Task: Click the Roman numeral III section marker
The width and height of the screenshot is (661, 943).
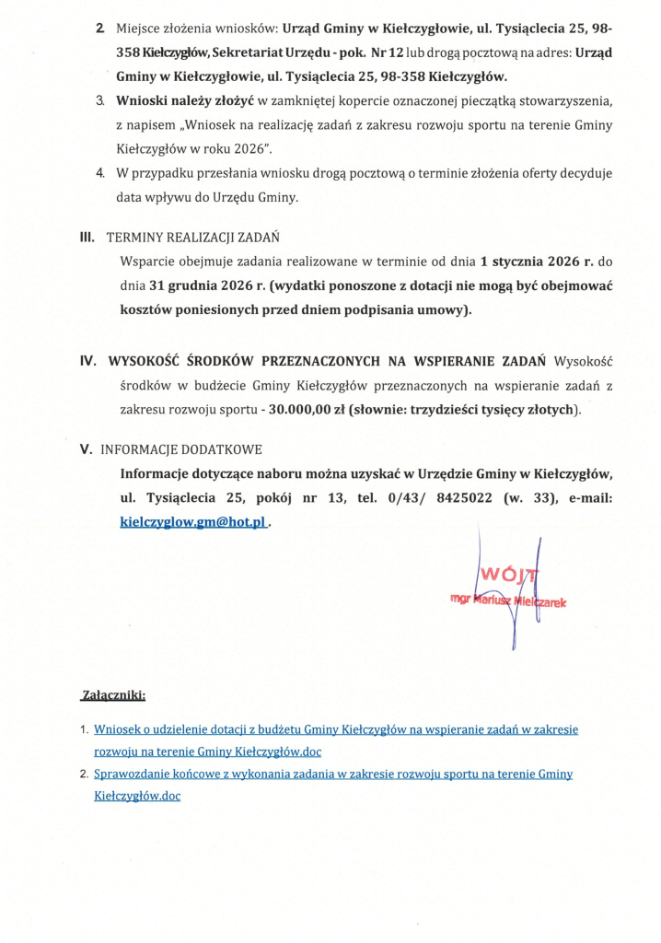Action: click(x=87, y=237)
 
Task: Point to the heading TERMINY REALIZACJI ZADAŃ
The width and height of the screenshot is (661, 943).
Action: click(x=193, y=238)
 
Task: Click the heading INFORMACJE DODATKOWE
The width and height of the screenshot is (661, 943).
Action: click(x=181, y=450)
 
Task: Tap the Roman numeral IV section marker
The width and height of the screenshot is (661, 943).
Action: click(x=88, y=360)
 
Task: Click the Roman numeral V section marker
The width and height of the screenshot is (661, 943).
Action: click(x=86, y=449)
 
